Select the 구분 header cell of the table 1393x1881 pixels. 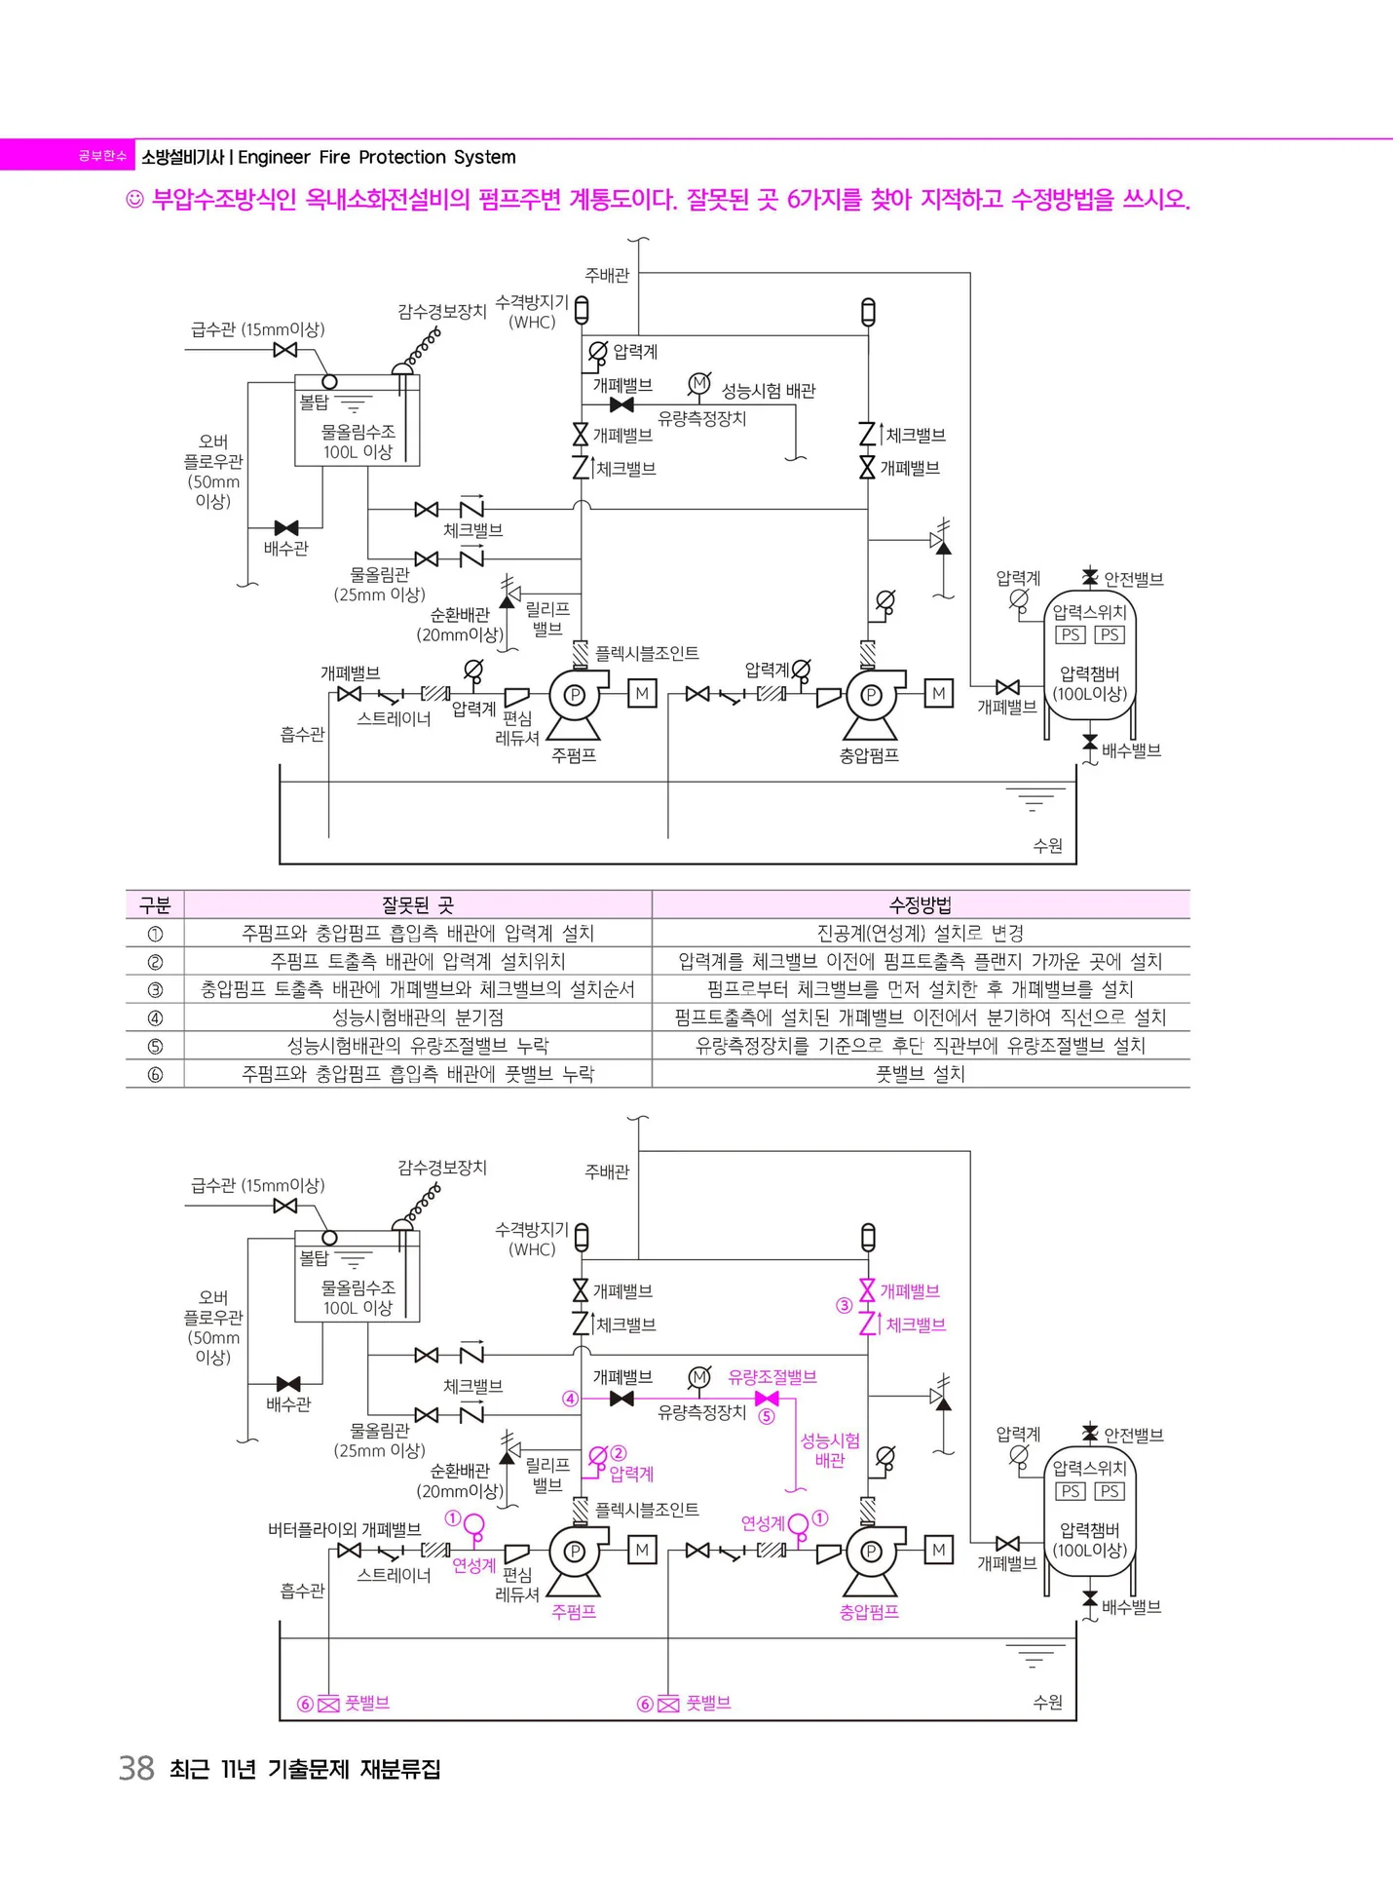tap(155, 904)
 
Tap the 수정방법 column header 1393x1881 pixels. tap(921, 904)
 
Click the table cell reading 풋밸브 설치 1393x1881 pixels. tap(921, 1074)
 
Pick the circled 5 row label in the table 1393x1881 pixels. tap(155, 1046)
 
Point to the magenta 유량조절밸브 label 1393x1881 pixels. tap(772, 1377)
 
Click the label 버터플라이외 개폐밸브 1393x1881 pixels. tap(344, 1529)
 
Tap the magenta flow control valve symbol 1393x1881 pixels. tap(767, 1399)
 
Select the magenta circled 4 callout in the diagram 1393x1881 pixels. tap(571, 1399)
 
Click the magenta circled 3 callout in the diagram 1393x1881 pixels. tap(845, 1306)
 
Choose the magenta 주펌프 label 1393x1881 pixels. tap(574, 1612)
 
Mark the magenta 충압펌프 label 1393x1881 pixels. tap(869, 1612)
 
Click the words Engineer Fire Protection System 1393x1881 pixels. tap(377, 157)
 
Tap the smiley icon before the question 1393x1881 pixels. tap(135, 201)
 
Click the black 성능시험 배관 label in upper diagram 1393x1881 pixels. tap(768, 391)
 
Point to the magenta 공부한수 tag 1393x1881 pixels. tap(102, 156)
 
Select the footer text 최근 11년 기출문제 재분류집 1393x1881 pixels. tap(305, 1769)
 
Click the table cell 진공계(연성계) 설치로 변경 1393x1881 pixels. tap(921, 933)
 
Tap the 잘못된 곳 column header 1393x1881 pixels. tap(417, 904)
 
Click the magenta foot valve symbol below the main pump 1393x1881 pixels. tap(328, 1704)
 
